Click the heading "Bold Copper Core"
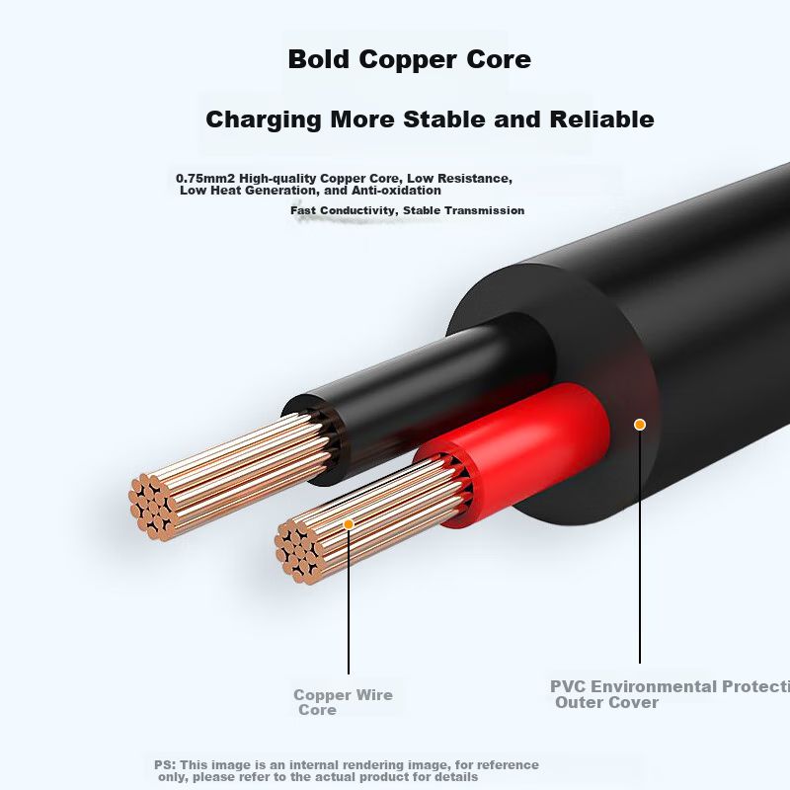pyautogui.click(x=409, y=59)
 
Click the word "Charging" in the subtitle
pyautogui.click(x=264, y=120)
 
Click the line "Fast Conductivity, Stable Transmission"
pyautogui.click(x=407, y=210)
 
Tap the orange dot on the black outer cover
pyautogui.click(x=640, y=425)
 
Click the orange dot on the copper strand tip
pyautogui.click(x=349, y=523)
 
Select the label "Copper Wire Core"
pyautogui.click(x=342, y=702)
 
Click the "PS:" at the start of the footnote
pyautogui.click(x=165, y=765)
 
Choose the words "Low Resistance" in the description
pyautogui.click(x=463, y=179)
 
